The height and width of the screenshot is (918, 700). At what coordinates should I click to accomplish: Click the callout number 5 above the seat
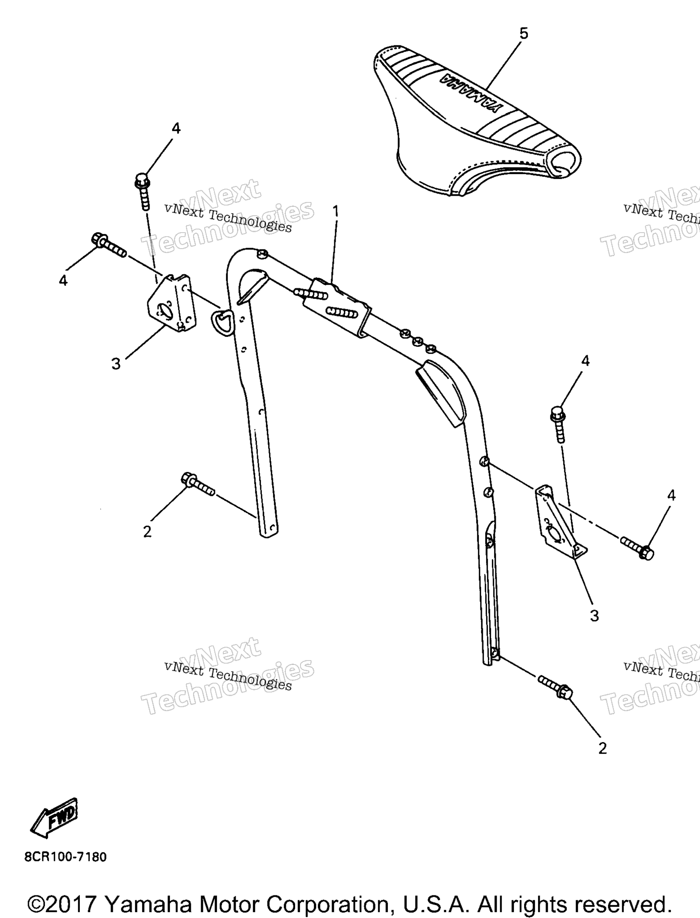coord(524,34)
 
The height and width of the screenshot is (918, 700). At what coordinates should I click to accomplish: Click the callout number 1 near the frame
coord(336,211)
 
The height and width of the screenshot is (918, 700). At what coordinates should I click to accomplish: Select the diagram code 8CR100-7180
coord(66,857)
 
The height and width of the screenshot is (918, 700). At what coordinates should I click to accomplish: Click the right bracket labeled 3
coord(560,522)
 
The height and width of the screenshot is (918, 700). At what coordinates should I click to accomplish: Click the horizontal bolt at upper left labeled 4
coord(109,245)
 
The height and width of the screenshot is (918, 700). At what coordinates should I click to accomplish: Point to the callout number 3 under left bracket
coord(116,364)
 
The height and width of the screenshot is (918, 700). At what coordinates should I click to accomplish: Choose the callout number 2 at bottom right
coord(602,748)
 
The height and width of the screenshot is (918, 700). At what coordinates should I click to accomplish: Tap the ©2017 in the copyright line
coord(62,903)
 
